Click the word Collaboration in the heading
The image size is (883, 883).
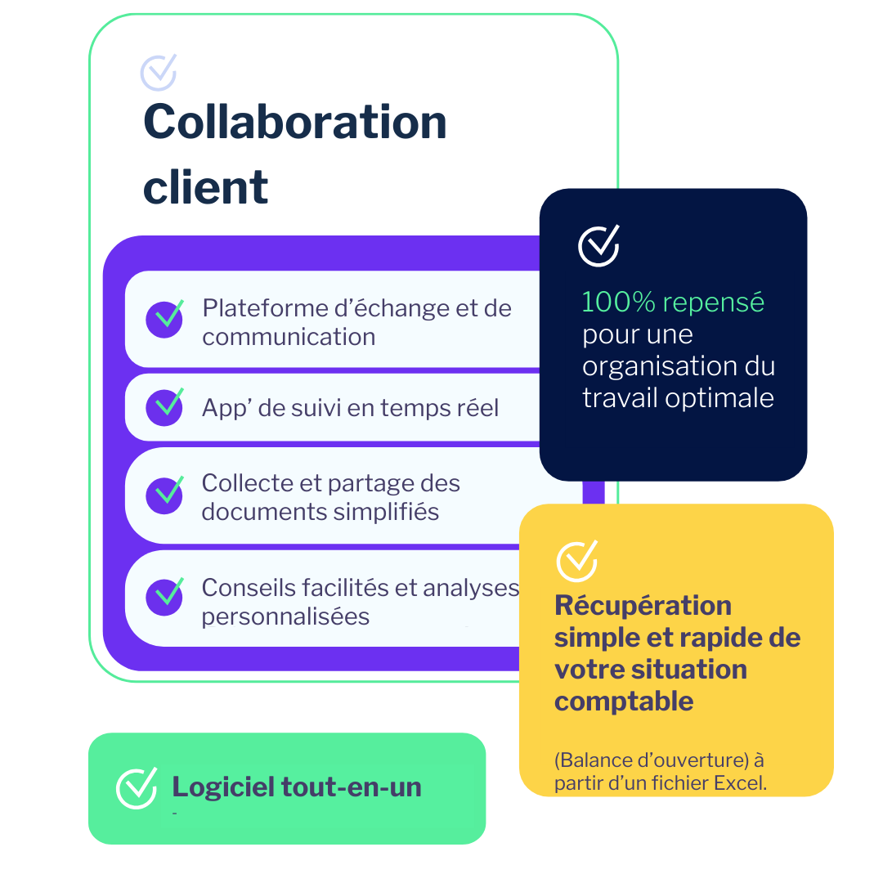point(294,123)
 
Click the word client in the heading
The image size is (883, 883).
point(205,187)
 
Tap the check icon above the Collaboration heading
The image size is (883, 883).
point(159,72)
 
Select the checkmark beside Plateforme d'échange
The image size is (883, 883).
point(165,319)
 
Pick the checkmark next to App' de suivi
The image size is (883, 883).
point(165,407)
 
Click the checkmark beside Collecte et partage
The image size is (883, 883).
point(165,495)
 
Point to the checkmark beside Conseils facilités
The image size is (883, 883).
point(165,598)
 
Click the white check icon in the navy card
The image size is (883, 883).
point(599,245)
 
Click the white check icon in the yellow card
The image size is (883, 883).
point(577,561)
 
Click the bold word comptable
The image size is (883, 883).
point(624,701)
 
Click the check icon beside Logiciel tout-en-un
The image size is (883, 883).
point(137,788)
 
